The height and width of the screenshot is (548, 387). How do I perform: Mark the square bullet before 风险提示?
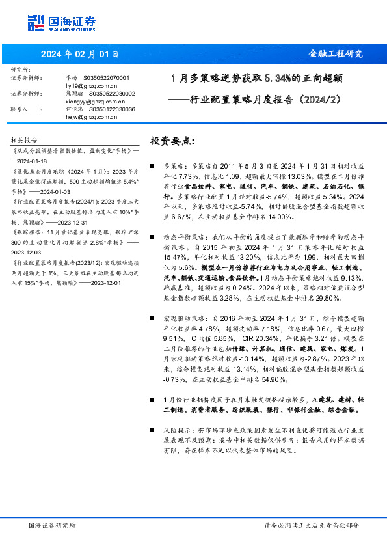click(152, 431)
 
